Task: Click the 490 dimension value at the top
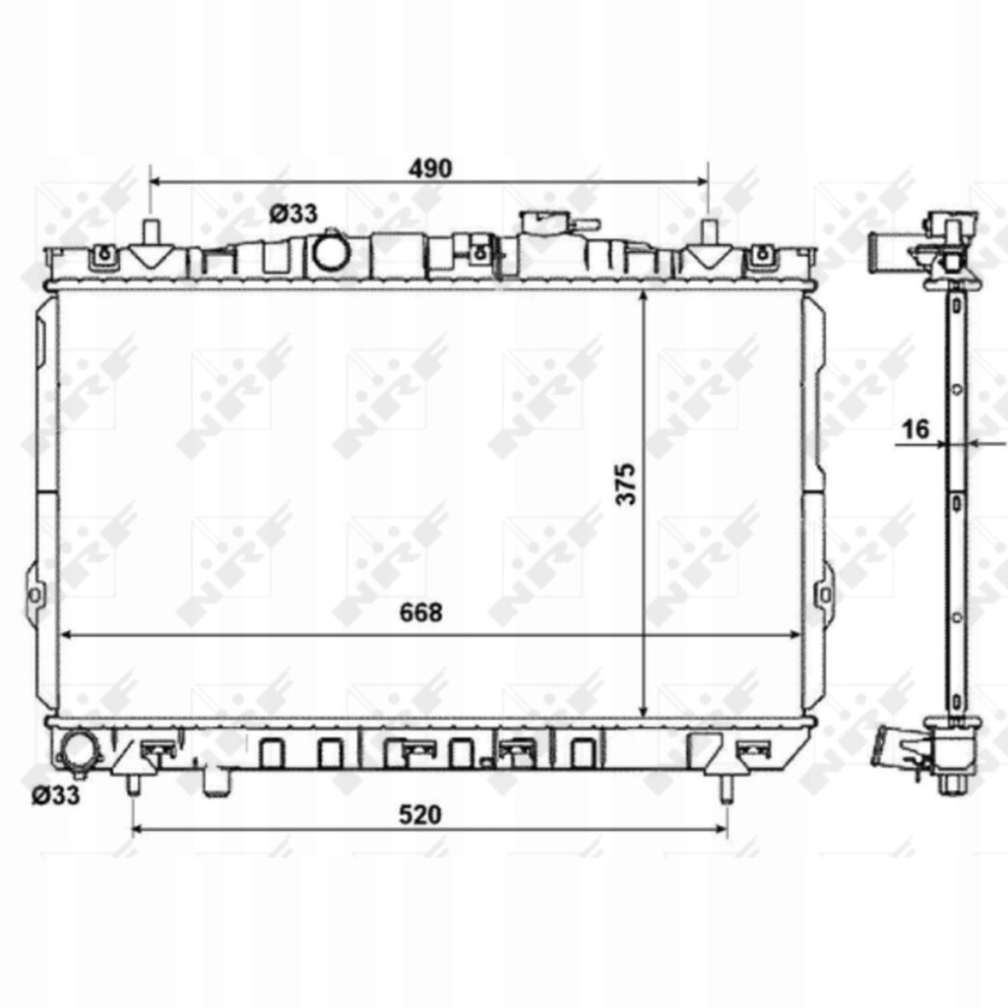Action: click(430, 167)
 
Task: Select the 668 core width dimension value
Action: click(420, 612)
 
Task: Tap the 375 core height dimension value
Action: click(626, 483)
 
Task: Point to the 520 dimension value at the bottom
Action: click(420, 814)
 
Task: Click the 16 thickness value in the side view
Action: click(915, 429)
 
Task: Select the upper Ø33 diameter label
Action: click(293, 214)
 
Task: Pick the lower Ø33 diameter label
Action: click(56, 795)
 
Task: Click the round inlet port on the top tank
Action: click(331, 253)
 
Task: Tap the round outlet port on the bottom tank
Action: click(78, 752)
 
